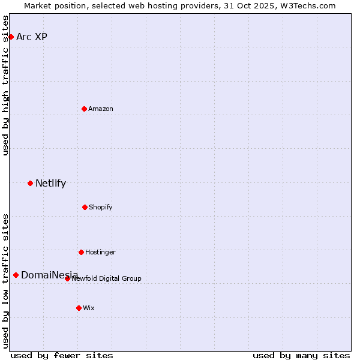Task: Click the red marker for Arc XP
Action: pyautogui.click(x=11, y=37)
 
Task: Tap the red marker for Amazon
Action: pyautogui.click(x=84, y=109)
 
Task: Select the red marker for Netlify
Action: pyautogui.click(x=30, y=183)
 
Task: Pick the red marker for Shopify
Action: pyautogui.click(x=85, y=207)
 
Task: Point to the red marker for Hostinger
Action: pyautogui.click(x=81, y=252)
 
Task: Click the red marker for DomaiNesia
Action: pyautogui.click(x=16, y=275)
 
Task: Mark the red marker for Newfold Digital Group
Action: pyautogui.click(x=67, y=278)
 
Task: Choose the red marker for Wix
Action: pyautogui.click(x=79, y=308)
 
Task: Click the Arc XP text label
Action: pyautogui.click(x=32, y=37)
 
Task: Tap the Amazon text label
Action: pyautogui.click(x=101, y=109)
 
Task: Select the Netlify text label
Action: pyautogui.click(x=50, y=183)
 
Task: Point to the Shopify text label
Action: pyautogui.click(x=101, y=207)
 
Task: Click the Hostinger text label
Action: pyautogui.click(x=100, y=252)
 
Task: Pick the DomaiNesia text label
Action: pyautogui.click(x=49, y=275)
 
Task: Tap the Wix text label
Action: pyautogui.click(x=89, y=308)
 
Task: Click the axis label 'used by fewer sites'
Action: pyautogui.click(x=62, y=355)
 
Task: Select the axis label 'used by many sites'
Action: pyautogui.click(x=301, y=355)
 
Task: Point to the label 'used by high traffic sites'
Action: pyautogui.click(x=5, y=85)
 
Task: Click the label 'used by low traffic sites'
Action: pyautogui.click(x=5, y=280)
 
